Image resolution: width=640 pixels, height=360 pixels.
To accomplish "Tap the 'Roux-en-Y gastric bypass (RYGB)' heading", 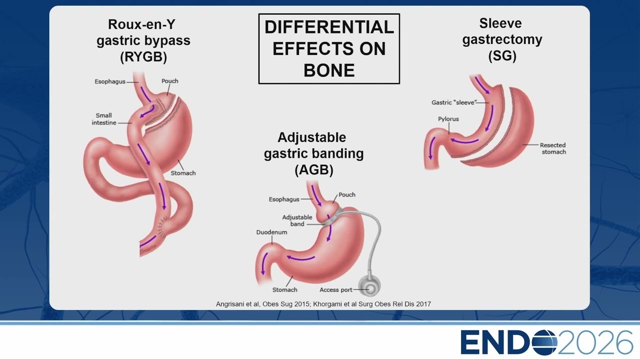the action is coord(143,40).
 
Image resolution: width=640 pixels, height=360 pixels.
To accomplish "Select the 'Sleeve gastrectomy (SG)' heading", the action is coord(502,39).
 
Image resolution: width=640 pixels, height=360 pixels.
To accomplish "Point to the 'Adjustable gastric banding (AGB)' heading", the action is coord(313,153).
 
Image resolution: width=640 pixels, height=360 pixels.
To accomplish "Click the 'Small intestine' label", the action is coord(103,119).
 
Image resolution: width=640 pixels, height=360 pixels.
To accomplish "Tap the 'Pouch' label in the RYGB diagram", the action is coord(170,81).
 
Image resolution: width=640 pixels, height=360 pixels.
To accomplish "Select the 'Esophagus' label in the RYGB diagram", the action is coord(110,81).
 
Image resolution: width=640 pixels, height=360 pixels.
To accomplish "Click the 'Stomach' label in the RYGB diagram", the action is coord(183,173).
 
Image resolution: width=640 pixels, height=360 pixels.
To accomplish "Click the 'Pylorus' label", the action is coord(448,119).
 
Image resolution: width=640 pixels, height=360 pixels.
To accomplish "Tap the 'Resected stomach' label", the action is coord(553,148).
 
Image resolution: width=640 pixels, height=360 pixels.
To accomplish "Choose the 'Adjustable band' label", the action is coord(297,220).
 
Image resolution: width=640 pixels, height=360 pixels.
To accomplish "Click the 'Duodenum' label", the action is coord(271,232).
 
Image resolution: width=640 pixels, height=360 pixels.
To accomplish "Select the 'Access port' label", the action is coord(335,289).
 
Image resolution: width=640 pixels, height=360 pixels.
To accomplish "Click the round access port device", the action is coord(369,286).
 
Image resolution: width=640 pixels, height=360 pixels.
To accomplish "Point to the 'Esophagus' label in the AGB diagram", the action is coord(284,199).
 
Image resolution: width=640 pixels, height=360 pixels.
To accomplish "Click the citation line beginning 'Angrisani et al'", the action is coord(323,304).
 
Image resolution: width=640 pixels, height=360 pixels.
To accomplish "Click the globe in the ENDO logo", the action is coord(544,342).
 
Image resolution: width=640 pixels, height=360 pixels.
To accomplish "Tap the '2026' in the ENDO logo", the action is coord(595,342).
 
